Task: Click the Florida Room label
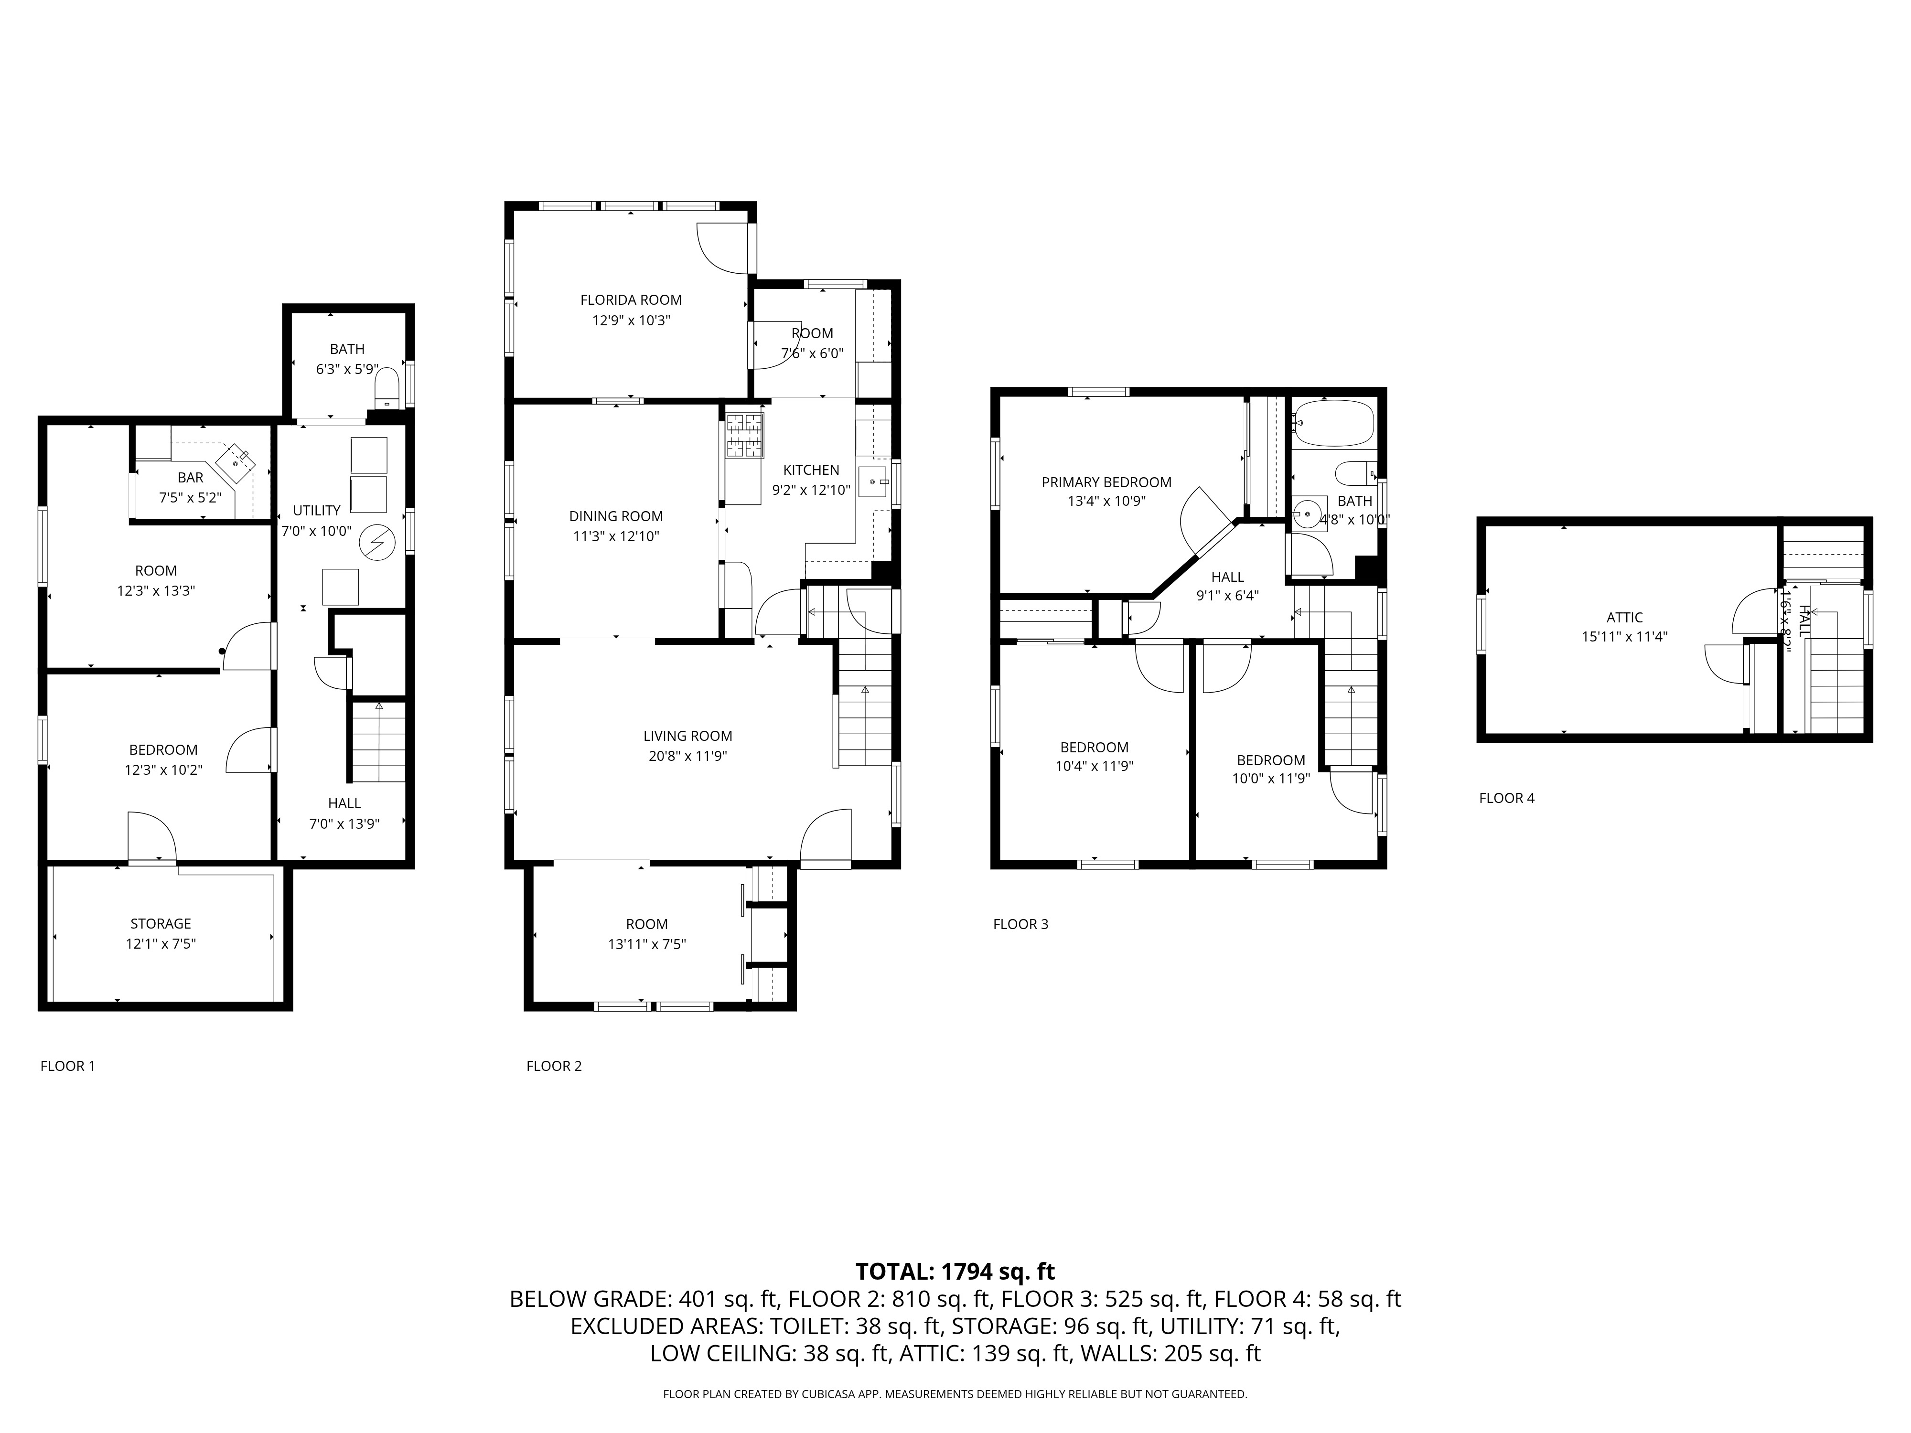tap(631, 299)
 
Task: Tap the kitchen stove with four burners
tap(745, 435)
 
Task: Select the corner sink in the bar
tap(236, 461)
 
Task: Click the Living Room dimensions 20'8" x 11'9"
tap(687, 756)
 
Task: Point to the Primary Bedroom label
tap(1106, 482)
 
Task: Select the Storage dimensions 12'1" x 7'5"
tap(161, 943)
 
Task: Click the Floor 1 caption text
tap(67, 1065)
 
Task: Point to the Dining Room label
tap(615, 516)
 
